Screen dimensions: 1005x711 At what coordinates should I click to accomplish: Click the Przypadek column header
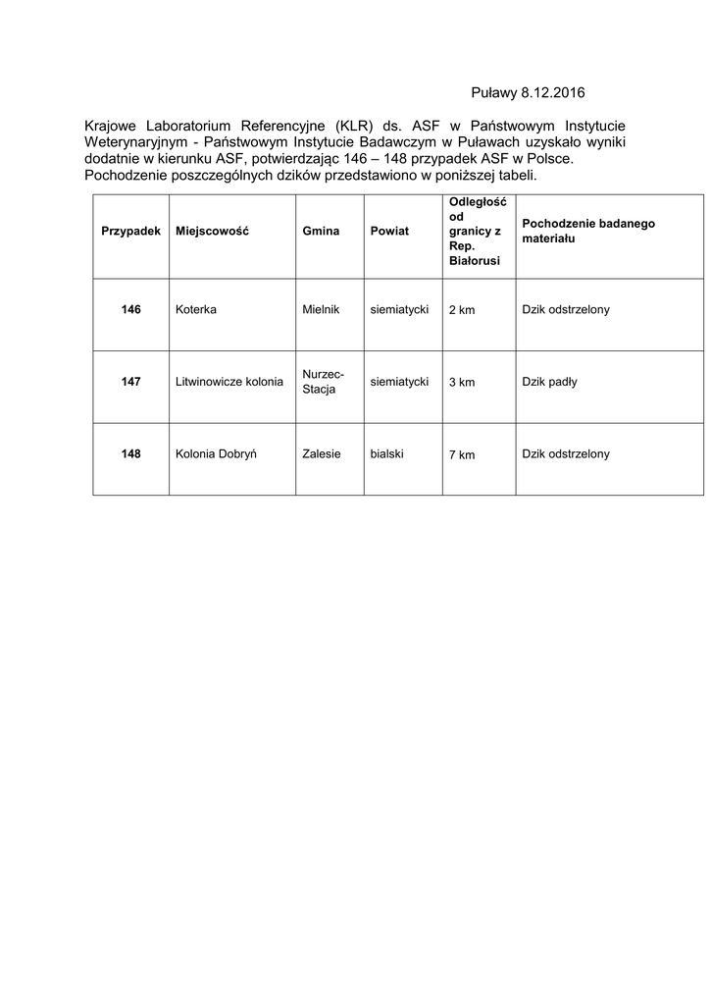click(130, 231)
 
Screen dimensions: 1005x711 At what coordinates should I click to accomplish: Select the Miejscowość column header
click(212, 231)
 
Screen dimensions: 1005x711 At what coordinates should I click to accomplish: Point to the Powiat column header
click(389, 231)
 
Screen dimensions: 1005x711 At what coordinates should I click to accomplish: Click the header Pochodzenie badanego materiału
click(588, 231)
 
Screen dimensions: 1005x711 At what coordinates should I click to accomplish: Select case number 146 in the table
click(130, 309)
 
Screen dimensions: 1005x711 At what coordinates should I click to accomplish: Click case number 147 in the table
click(130, 382)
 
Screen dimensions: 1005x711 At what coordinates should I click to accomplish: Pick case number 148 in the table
click(130, 453)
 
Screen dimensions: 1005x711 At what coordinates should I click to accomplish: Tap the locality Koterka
click(195, 309)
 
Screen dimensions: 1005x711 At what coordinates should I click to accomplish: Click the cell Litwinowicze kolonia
click(229, 382)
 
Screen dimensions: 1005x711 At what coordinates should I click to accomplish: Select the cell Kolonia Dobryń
click(216, 453)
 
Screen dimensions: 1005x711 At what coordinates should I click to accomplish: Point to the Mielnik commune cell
click(322, 309)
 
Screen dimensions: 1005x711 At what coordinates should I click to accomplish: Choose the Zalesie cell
click(322, 453)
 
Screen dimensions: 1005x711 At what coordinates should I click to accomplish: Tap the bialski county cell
click(388, 453)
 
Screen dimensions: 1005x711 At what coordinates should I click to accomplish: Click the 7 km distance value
click(461, 454)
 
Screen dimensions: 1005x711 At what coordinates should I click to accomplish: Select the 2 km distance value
click(461, 310)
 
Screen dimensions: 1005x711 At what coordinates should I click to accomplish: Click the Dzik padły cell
click(549, 382)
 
